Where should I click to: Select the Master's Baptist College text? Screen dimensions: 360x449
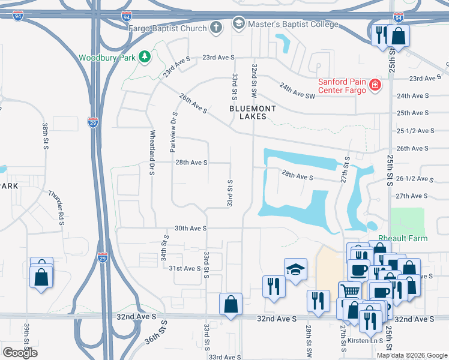click(294, 25)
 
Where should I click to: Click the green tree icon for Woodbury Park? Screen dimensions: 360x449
click(144, 58)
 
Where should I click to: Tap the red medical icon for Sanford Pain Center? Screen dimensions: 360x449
click(375, 86)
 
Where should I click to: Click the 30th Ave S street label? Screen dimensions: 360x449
click(190, 229)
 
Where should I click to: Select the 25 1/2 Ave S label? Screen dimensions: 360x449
click(415, 131)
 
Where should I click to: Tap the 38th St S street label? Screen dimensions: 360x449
click(45, 136)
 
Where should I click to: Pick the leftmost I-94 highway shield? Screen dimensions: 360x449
click(18, 15)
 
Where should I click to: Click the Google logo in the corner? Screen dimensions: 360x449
click(20, 353)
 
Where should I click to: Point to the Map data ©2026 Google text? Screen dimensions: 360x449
click(412, 355)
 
